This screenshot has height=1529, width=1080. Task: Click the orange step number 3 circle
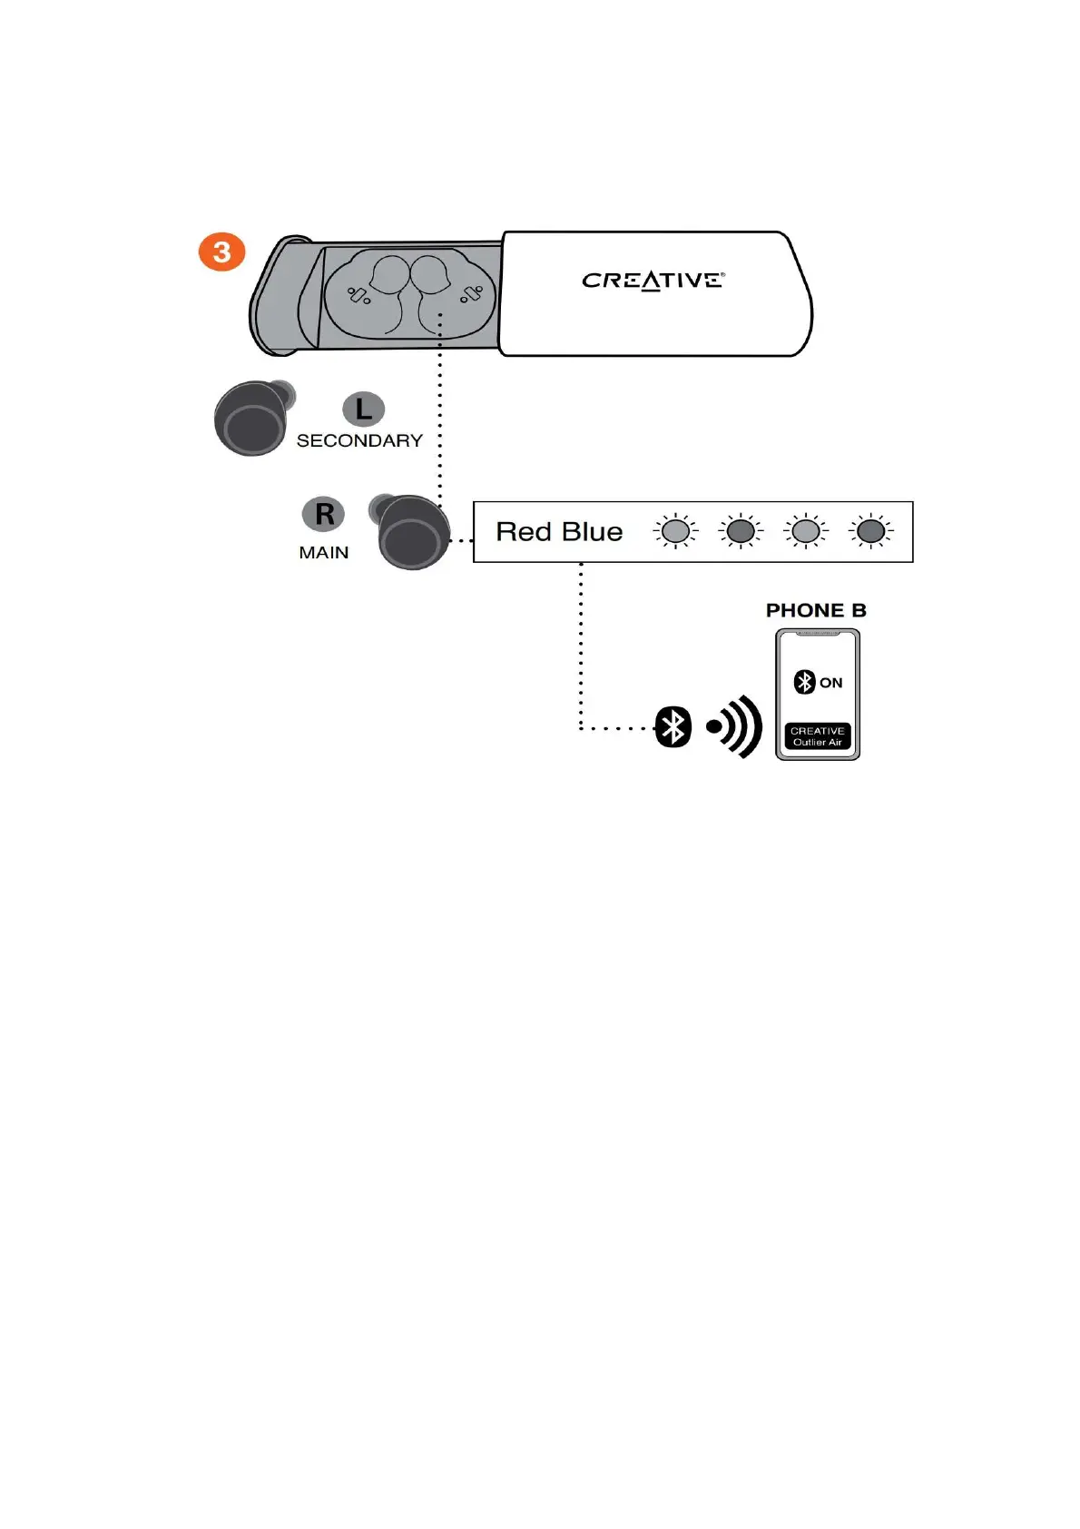[222, 252]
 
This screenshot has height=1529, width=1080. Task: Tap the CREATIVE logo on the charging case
[653, 281]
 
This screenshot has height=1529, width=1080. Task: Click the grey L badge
[363, 409]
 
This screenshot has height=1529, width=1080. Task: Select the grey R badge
[324, 514]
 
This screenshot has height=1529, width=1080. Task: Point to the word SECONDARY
[359, 441]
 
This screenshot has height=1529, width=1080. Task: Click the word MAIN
[324, 553]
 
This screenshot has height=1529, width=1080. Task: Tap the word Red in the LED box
[524, 532]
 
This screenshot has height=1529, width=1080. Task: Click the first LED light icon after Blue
[675, 532]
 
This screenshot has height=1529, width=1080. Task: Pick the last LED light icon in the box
[870, 532]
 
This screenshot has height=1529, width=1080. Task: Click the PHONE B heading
[816, 610]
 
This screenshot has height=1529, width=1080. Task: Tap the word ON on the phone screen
[831, 683]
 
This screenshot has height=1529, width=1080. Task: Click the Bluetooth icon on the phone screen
[804, 682]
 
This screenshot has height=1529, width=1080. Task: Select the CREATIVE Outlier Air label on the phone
[818, 736]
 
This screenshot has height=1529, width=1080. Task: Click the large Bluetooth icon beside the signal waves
[673, 726]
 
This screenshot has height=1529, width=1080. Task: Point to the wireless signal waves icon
[736, 726]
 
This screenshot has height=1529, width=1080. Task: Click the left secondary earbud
[252, 419]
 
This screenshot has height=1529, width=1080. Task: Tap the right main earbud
[412, 533]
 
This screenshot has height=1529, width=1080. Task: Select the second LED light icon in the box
[741, 532]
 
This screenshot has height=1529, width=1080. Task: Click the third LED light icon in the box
[806, 532]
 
